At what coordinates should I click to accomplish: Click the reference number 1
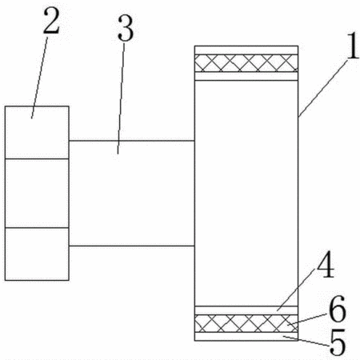(x=353, y=46)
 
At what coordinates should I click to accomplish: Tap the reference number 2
(x=51, y=20)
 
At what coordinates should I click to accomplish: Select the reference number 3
(x=125, y=28)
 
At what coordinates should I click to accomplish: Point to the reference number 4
(x=325, y=264)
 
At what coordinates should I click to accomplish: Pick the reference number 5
(x=338, y=342)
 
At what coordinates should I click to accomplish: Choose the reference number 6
(x=337, y=309)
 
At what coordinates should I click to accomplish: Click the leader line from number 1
(x=323, y=89)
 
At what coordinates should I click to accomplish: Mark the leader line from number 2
(x=40, y=77)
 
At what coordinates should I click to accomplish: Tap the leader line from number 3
(x=121, y=98)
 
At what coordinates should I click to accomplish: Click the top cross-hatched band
(x=246, y=63)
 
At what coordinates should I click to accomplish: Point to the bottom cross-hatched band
(x=246, y=323)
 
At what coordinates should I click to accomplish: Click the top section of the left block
(x=37, y=133)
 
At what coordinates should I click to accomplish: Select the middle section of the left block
(x=37, y=194)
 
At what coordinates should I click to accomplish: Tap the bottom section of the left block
(x=37, y=254)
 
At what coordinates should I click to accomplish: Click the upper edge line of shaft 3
(x=132, y=140)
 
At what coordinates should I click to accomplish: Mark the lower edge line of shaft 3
(x=132, y=246)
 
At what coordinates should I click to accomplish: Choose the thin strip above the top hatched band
(x=246, y=50)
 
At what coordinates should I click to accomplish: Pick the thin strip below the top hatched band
(x=246, y=76)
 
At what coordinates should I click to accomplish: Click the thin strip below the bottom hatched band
(x=246, y=336)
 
